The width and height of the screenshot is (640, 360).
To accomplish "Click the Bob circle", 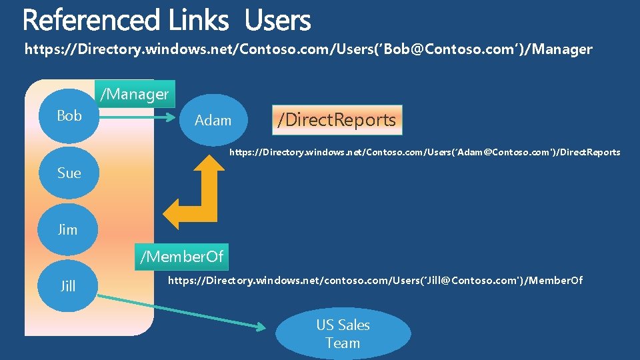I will (x=69, y=116).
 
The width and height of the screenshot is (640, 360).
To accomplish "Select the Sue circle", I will (x=69, y=173).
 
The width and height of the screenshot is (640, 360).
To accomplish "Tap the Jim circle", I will (x=67, y=230).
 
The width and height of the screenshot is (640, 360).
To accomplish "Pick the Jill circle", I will (x=67, y=287).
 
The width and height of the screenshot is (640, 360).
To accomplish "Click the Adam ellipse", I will (x=213, y=121).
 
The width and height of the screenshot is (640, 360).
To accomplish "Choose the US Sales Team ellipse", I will (x=343, y=334).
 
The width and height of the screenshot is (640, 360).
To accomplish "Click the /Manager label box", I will (x=135, y=94).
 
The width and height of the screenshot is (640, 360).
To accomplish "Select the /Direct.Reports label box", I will (x=337, y=120).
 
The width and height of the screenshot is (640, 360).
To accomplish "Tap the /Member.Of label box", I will (x=181, y=256).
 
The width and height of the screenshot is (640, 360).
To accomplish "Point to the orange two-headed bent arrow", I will (x=206, y=200).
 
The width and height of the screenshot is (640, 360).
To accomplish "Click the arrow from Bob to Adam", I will (x=133, y=121).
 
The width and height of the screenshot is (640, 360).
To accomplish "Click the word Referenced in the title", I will (x=91, y=21).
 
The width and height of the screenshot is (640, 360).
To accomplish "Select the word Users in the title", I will (x=277, y=21).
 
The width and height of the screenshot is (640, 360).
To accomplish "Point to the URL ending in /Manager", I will (x=308, y=49).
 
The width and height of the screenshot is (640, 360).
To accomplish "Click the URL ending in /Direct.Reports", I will (x=425, y=153).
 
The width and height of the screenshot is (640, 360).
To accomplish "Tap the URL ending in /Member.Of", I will (x=375, y=281).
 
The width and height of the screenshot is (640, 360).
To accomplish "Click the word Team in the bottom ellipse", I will (x=343, y=343).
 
